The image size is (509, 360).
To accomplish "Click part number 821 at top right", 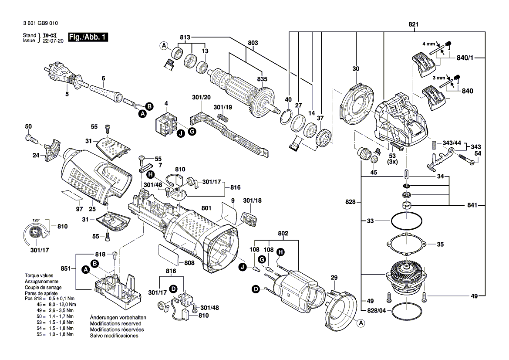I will (413, 24).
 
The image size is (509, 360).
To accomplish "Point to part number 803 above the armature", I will (253, 43).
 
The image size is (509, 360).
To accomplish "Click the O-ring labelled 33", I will (407, 221).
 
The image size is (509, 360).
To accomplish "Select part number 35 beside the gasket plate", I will (440, 244).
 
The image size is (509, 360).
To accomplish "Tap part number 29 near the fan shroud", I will (334, 278).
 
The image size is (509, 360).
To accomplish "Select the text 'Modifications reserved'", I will (115, 324).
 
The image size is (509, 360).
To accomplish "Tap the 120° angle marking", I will (36, 220).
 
